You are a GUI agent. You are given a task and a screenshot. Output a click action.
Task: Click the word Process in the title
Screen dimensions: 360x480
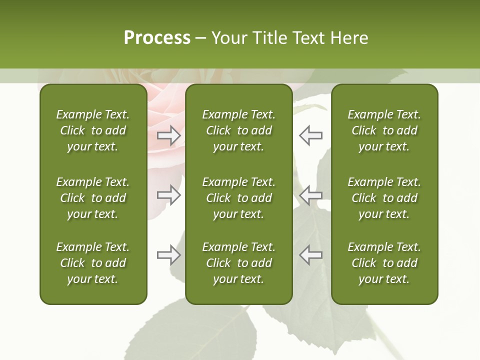157,38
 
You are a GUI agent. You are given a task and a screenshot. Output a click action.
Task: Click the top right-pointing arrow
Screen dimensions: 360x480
168,135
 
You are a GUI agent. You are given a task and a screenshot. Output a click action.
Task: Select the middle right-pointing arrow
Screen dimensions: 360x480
168,194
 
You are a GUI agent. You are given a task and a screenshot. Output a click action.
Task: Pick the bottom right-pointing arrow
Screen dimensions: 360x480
168,255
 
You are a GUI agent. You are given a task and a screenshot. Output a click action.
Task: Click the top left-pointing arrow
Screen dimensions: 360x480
310,135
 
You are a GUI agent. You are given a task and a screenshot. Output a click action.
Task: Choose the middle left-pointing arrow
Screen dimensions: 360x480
310,194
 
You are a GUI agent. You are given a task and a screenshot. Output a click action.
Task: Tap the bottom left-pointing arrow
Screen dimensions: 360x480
310,255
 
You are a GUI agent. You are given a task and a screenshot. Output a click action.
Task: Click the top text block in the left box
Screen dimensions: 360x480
93,130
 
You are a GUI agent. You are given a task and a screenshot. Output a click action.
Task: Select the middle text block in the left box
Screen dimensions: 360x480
93,198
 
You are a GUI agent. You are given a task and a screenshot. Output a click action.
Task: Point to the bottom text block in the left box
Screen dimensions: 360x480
93,263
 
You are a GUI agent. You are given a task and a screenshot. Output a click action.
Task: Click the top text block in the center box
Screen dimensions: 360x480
238,130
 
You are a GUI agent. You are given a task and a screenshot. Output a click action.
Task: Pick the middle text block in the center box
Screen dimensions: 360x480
238,198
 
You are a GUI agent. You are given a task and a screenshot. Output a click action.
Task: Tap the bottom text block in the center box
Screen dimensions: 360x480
238,263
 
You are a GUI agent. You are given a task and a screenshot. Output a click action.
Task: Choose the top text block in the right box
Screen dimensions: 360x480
384,130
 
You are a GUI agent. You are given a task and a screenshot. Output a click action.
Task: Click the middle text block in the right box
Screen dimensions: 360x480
384,198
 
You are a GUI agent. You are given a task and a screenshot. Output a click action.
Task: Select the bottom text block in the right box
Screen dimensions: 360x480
384,263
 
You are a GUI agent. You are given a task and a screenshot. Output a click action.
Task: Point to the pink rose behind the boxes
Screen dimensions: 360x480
165,110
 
